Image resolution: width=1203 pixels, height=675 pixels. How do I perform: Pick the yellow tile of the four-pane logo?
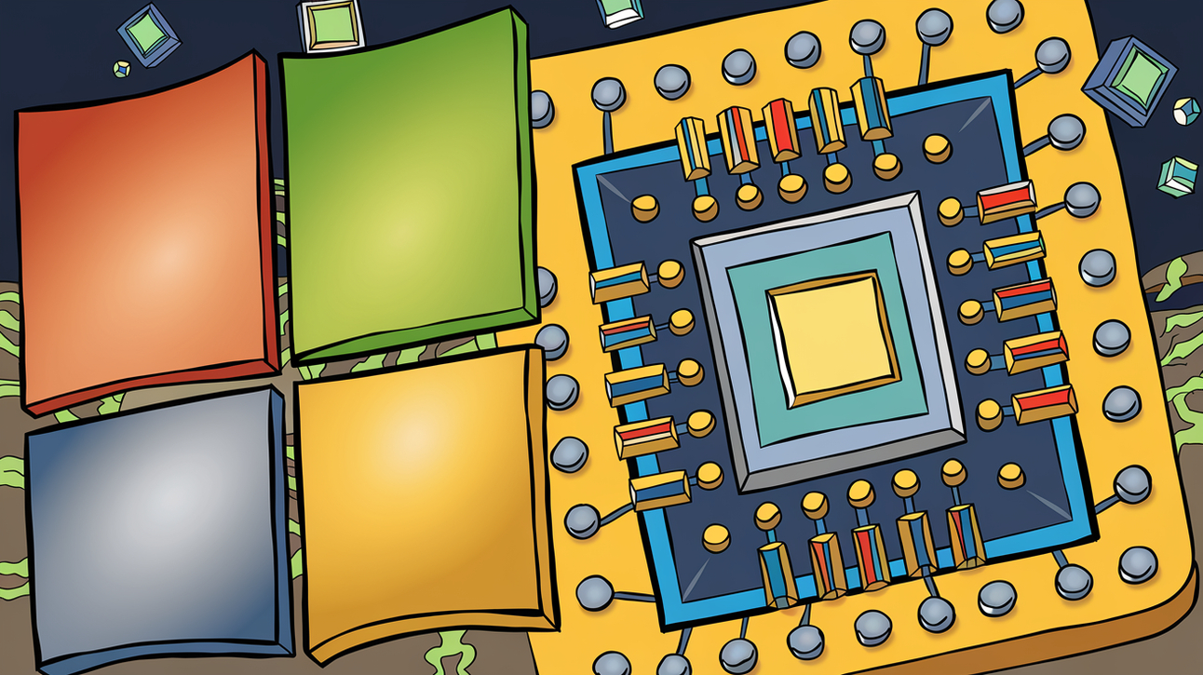[x=419, y=493]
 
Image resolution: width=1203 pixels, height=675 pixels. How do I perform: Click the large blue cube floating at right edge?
[x=1129, y=79]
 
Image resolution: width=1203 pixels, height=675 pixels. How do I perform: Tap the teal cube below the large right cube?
[x=1178, y=175]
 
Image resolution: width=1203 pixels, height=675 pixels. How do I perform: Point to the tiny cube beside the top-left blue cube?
[x=121, y=69]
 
